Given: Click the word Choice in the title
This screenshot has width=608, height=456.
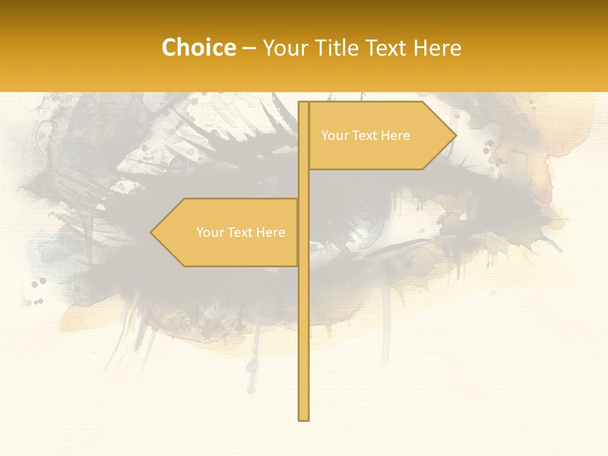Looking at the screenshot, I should pyautogui.click(x=198, y=47).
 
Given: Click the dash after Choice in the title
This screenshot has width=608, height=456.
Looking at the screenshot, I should pyautogui.click(x=249, y=48).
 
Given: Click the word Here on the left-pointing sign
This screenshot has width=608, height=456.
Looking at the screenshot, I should pyautogui.click(x=270, y=232).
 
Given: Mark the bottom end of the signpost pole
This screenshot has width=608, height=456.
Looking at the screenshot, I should pyautogui.click(x=303, y=418).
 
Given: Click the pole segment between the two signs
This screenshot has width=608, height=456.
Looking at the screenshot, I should pyautogui.click(x=303, y=184).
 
